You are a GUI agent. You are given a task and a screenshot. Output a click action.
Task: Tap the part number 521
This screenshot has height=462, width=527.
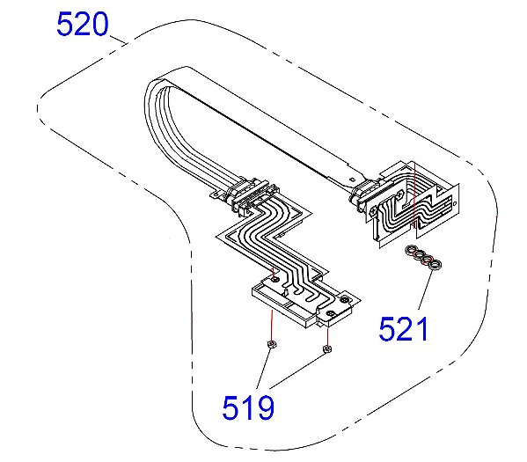pyautogui.click(x=404, y=328)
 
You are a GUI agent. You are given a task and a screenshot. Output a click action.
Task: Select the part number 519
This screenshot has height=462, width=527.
pyautogui.click(x=247, y=407)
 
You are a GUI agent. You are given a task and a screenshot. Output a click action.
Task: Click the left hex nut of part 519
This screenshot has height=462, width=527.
pyautogui.click(x=272, y=344)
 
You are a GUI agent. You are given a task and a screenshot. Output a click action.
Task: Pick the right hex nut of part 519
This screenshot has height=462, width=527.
pyautogui.click(x=327, y=350)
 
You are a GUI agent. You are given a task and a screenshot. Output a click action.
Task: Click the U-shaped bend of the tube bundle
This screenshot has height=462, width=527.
pyautogui.click(x=163, y=88)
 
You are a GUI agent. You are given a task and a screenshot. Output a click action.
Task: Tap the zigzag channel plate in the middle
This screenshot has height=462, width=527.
pyautogui.click(x=273, y=242)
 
